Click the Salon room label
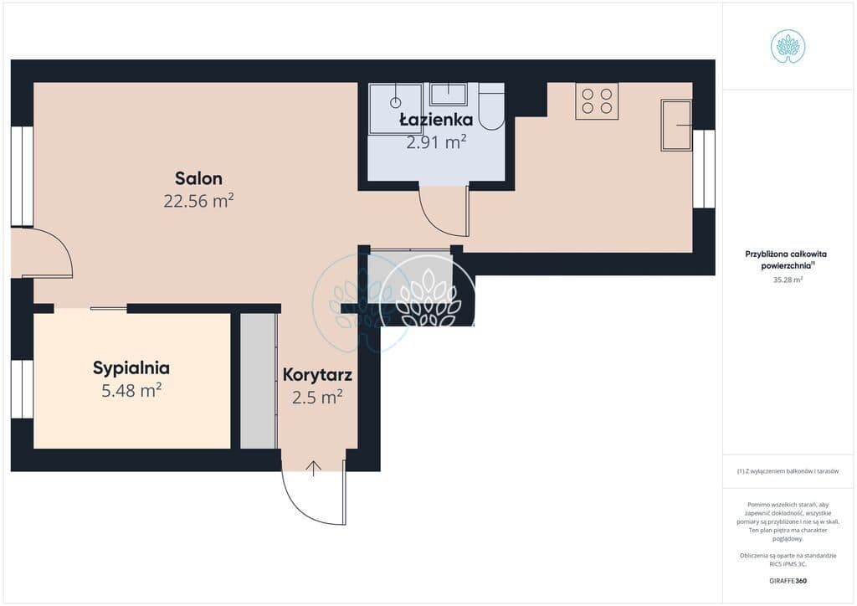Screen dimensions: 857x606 198,178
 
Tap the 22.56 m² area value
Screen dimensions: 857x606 198,201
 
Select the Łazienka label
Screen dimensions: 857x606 436,120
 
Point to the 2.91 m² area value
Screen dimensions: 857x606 436,142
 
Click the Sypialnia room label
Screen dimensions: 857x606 131,368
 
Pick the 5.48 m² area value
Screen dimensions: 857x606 131,391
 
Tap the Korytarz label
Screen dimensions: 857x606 317,375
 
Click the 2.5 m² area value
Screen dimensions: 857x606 317,398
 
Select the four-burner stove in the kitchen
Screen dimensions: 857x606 597,101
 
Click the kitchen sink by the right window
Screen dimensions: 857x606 676,126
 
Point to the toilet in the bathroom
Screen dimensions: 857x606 491,106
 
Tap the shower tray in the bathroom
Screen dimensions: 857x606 395,108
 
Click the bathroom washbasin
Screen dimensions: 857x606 449,94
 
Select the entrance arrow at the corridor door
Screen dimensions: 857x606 313,469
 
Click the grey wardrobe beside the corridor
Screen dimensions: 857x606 258,382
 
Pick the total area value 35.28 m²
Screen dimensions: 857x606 788,280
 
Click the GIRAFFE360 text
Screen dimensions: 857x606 788,581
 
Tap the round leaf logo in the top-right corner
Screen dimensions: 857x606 788,47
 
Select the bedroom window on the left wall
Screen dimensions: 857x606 22,388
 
